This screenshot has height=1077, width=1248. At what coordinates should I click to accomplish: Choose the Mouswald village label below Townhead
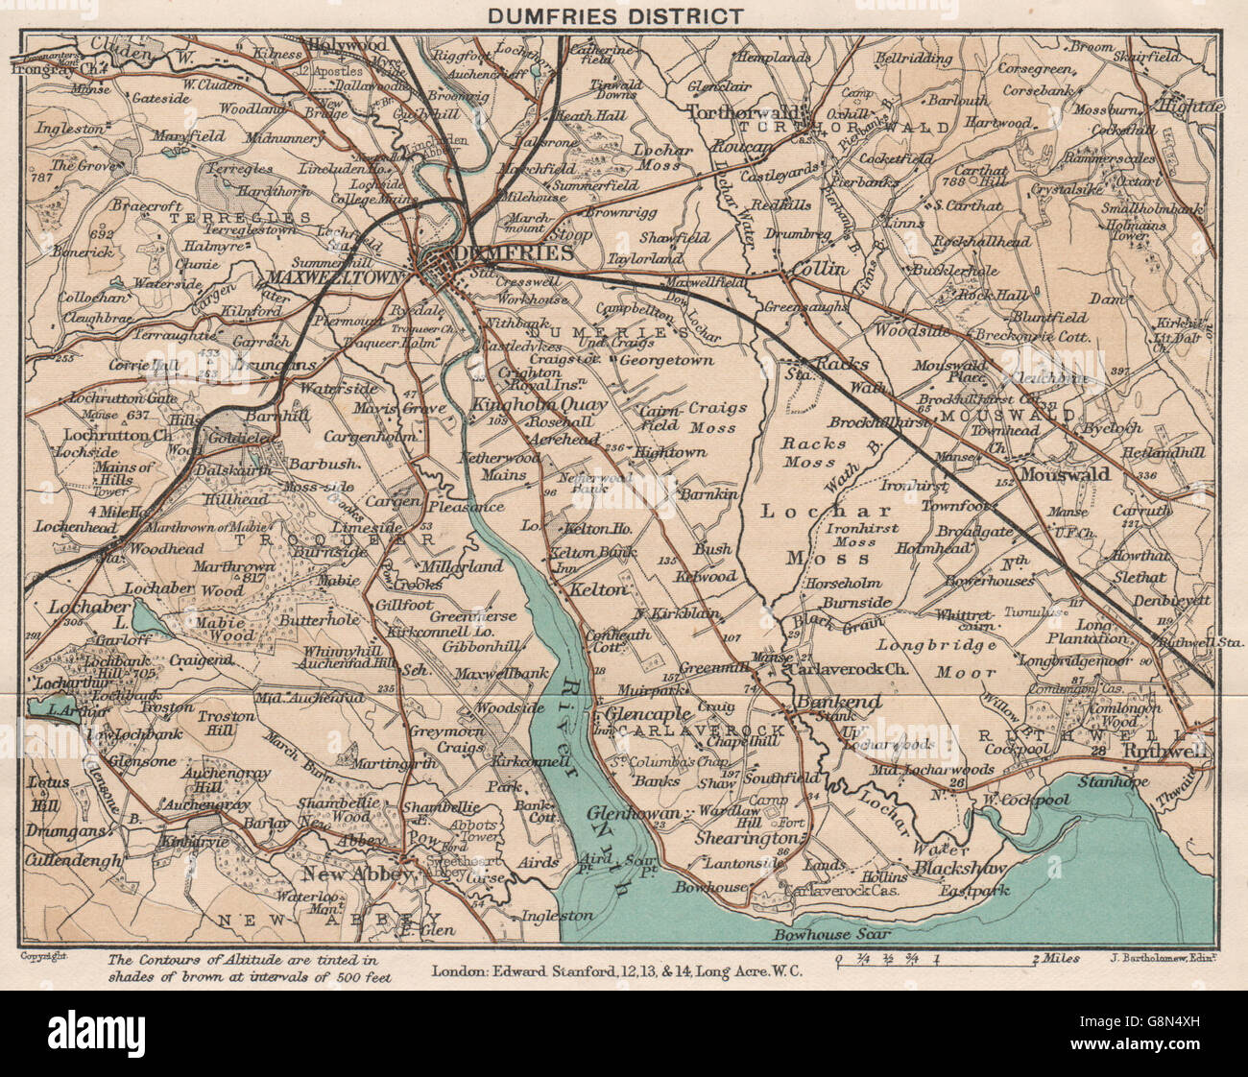pos(1065,473)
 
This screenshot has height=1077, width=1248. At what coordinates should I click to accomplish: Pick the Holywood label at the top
pos(347,45)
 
